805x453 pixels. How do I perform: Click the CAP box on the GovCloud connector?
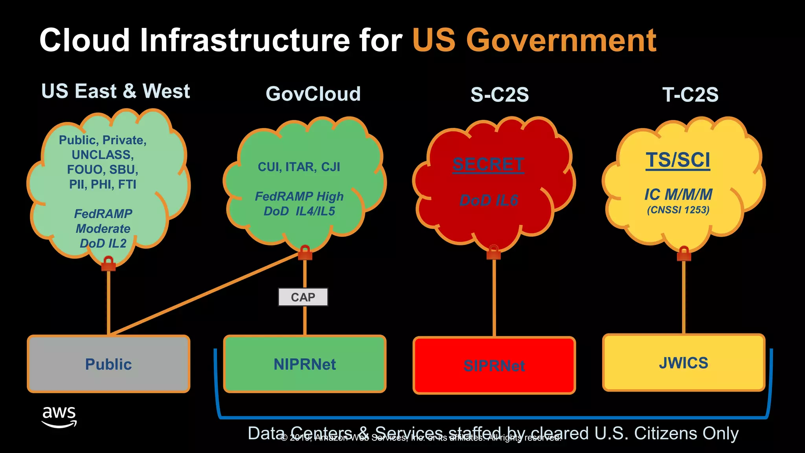point(303,297)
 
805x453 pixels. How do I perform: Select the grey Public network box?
point(108,364)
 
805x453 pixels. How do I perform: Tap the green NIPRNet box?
point(305,364)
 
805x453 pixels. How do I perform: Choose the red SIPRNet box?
point(494,365)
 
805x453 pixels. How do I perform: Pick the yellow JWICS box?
point(684,363)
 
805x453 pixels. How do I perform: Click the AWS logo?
point(59,417)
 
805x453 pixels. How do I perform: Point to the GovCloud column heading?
point(313,94)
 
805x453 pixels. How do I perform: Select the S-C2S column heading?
point(500,95)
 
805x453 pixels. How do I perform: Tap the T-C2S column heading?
point(690,95)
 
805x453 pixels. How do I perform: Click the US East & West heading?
point(116,91)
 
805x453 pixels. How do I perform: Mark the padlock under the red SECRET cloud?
point(494,252)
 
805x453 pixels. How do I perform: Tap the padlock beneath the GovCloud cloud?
point(305,253)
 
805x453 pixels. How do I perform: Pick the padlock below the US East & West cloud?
point(108,263)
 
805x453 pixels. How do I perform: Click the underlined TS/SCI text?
point(678,160)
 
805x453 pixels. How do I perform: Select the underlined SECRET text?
point(488,164)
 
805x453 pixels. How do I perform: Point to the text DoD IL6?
point(489,201)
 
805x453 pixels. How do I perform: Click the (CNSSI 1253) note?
point(678,210)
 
